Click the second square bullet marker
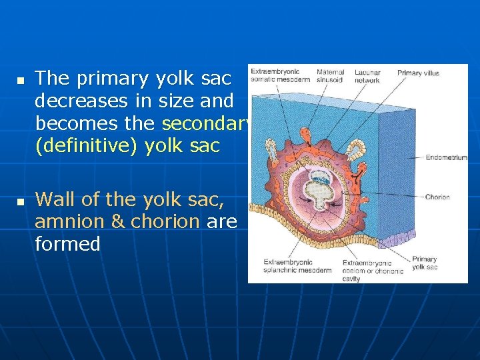[20, 201]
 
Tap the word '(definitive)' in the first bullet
[81, 146]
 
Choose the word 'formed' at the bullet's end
[67, 244]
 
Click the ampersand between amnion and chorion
[118, 221]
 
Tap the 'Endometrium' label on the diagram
[447, 158]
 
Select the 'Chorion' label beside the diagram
[437, 197]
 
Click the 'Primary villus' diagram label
[418, 73]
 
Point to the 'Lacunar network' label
[367, 76]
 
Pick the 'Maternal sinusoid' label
[331, 76]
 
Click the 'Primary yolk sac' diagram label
[425, 263]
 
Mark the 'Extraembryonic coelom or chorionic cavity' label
[373, 271]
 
